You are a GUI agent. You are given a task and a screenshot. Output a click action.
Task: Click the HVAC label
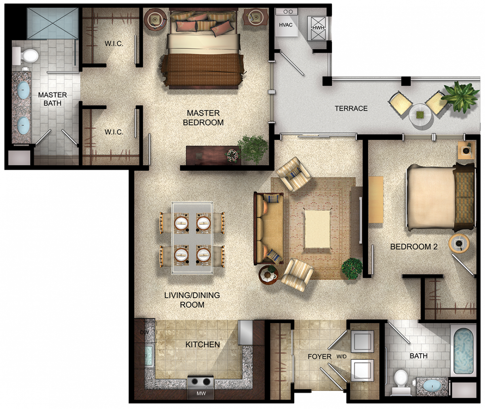285,25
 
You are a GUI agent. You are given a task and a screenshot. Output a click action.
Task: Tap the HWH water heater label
318,28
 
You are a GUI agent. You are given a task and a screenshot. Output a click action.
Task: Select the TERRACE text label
351,108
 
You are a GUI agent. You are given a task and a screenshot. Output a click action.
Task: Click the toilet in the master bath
25,56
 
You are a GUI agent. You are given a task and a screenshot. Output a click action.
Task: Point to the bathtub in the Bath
463,351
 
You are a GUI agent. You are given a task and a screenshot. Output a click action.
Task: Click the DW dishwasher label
144,332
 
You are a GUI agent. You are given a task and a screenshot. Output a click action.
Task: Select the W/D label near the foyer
341,357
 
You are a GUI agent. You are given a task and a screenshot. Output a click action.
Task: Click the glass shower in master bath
53,23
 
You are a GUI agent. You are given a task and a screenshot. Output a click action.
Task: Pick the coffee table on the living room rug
318,229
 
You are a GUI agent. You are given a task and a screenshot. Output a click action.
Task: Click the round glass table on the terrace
421,115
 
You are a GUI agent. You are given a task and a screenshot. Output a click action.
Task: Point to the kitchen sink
149,355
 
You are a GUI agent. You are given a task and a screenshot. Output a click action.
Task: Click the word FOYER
319,357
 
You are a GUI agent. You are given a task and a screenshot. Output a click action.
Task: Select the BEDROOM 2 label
414,247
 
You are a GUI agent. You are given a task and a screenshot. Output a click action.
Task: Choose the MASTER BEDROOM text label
203,117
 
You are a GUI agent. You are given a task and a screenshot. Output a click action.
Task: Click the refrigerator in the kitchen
245,333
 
